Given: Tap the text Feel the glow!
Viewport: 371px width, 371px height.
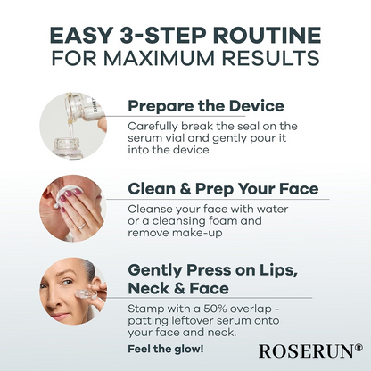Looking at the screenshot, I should click(x=166, y=348).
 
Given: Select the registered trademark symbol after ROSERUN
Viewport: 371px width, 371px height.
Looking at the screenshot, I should click(x=359, y=348).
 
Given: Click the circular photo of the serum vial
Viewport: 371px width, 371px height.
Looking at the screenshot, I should click(x=73, y=126).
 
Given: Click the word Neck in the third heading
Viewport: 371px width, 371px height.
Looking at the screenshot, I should click(x=155, y=289).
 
